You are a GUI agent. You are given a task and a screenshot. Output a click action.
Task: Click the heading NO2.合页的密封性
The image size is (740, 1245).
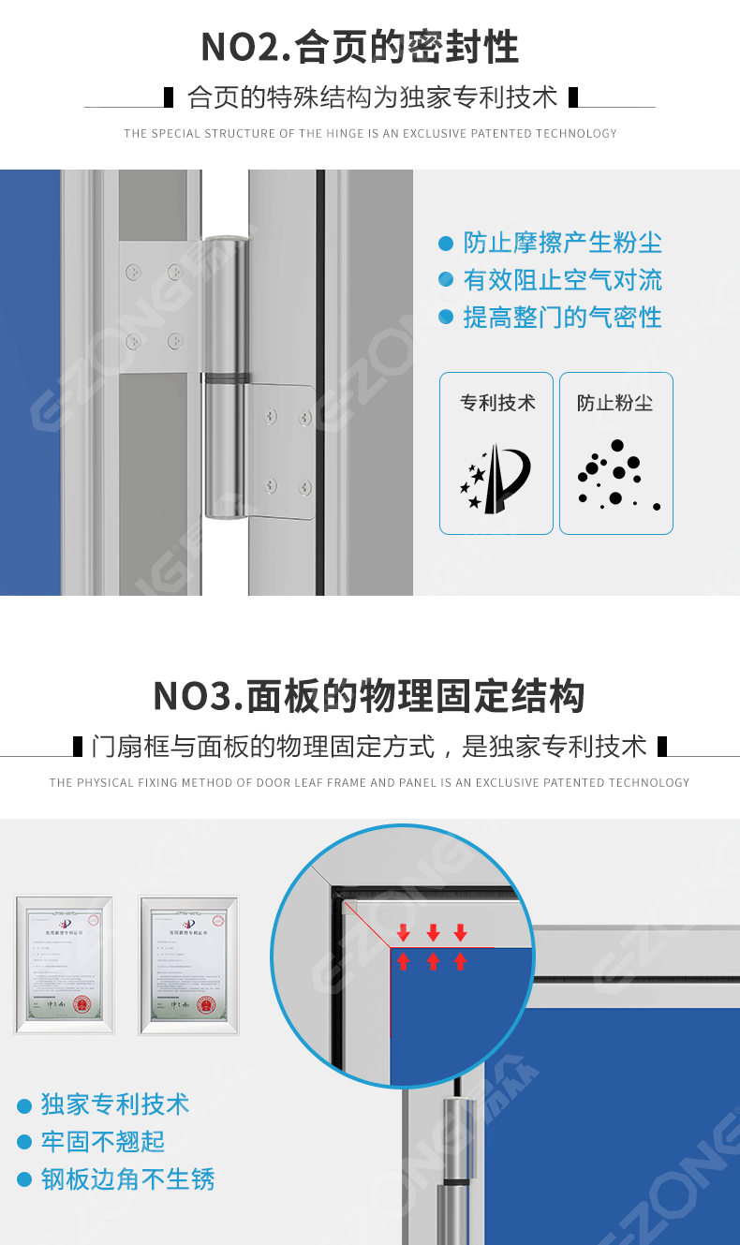(360, 47)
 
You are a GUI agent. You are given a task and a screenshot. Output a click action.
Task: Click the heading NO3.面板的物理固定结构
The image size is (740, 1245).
(369, 696)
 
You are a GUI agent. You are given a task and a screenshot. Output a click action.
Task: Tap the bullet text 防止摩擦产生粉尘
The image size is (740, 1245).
(562, 243)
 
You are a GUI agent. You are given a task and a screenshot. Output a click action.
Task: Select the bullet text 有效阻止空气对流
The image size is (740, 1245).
(562, 280)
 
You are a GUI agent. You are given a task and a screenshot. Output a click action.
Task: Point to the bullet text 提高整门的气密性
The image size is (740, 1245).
(562, 318)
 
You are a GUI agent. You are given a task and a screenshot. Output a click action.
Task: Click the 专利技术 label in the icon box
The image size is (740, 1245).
(497, 403)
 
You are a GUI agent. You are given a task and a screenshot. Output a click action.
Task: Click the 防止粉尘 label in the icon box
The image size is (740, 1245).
(615, 403)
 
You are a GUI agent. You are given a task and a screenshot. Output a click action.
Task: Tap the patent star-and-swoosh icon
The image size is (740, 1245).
(496, 479)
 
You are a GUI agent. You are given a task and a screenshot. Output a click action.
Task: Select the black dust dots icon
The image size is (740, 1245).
(615, 476)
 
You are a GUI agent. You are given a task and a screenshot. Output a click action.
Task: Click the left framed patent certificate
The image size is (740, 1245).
(64, 965)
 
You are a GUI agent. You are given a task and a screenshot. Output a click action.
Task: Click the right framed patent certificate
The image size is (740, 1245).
(188, 965)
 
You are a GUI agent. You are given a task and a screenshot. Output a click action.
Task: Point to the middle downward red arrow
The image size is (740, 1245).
(433, 932)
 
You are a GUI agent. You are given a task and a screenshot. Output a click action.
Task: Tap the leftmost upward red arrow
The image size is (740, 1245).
(403, 961)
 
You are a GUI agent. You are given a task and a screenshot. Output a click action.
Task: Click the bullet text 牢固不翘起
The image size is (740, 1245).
(103, 1141)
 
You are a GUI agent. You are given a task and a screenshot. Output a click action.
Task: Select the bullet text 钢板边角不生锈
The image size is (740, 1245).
(127, 1178)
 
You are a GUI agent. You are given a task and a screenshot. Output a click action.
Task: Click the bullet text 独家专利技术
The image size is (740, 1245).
(115, 1104)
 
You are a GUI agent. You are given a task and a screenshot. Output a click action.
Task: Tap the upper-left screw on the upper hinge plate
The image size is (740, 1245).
(134, 272)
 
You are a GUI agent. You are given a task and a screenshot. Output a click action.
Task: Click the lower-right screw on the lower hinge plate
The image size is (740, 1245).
(304, 486)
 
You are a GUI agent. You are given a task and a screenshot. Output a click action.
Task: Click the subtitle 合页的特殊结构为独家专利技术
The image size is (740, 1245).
(372, 97)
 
